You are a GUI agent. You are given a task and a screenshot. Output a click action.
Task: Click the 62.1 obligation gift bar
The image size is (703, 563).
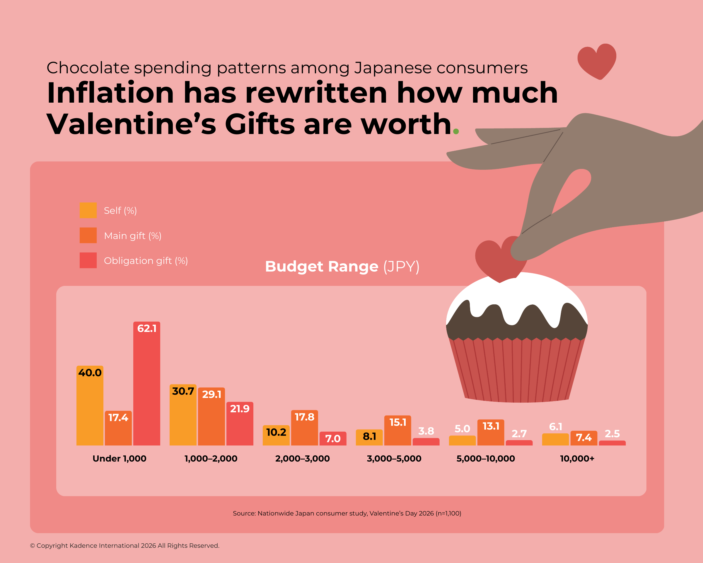click(146, 384)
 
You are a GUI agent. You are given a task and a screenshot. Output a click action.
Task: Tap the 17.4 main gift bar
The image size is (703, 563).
click(118, 428)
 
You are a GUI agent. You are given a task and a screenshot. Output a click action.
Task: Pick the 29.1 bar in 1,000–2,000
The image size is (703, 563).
click(211, 416)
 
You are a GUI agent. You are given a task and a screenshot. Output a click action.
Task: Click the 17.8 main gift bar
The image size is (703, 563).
click(304, 428)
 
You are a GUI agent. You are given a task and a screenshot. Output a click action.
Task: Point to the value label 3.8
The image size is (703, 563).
click(426, 431)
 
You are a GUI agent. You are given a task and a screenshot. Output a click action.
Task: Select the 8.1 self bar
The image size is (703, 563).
click(369, 437)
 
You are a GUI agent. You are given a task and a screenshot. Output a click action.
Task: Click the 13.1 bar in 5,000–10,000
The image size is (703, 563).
click(490, 433)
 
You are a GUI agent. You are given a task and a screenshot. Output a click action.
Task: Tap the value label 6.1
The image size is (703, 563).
click(555, 427)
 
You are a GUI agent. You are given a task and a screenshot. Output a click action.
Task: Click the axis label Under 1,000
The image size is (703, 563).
click(119, 459)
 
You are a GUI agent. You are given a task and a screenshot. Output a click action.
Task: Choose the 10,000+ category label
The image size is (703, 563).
click(577, 459)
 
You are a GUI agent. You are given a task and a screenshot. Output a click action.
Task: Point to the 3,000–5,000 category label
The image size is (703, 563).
click(394, 459)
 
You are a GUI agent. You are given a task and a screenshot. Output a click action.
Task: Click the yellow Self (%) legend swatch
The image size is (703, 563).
click(88, 210)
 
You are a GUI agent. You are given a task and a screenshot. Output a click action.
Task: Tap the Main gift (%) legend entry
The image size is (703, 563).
click(132, 236)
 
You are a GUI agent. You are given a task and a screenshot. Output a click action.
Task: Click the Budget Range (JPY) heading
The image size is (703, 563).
click(342, 266)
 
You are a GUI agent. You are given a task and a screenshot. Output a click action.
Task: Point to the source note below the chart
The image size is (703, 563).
click(347, 513)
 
